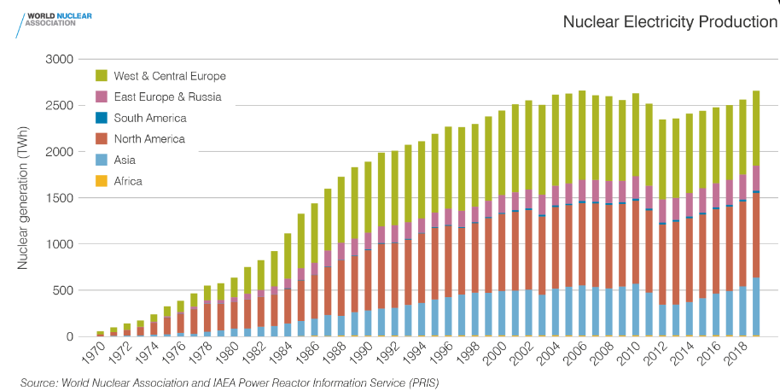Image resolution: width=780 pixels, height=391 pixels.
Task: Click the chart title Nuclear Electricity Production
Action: (x=669, y=21)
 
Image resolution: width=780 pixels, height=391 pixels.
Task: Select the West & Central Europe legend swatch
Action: (x=102, y=76)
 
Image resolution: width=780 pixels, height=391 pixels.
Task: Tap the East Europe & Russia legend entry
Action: (x=167, y=96)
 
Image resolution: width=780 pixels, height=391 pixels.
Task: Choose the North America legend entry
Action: (x=148, y=138)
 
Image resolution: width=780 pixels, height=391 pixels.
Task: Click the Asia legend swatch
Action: (x=102, y=160)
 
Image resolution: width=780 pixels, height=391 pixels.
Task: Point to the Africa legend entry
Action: (x=128, y=180)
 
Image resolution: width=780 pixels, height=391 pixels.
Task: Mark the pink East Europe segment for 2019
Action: (x=756, y=178)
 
